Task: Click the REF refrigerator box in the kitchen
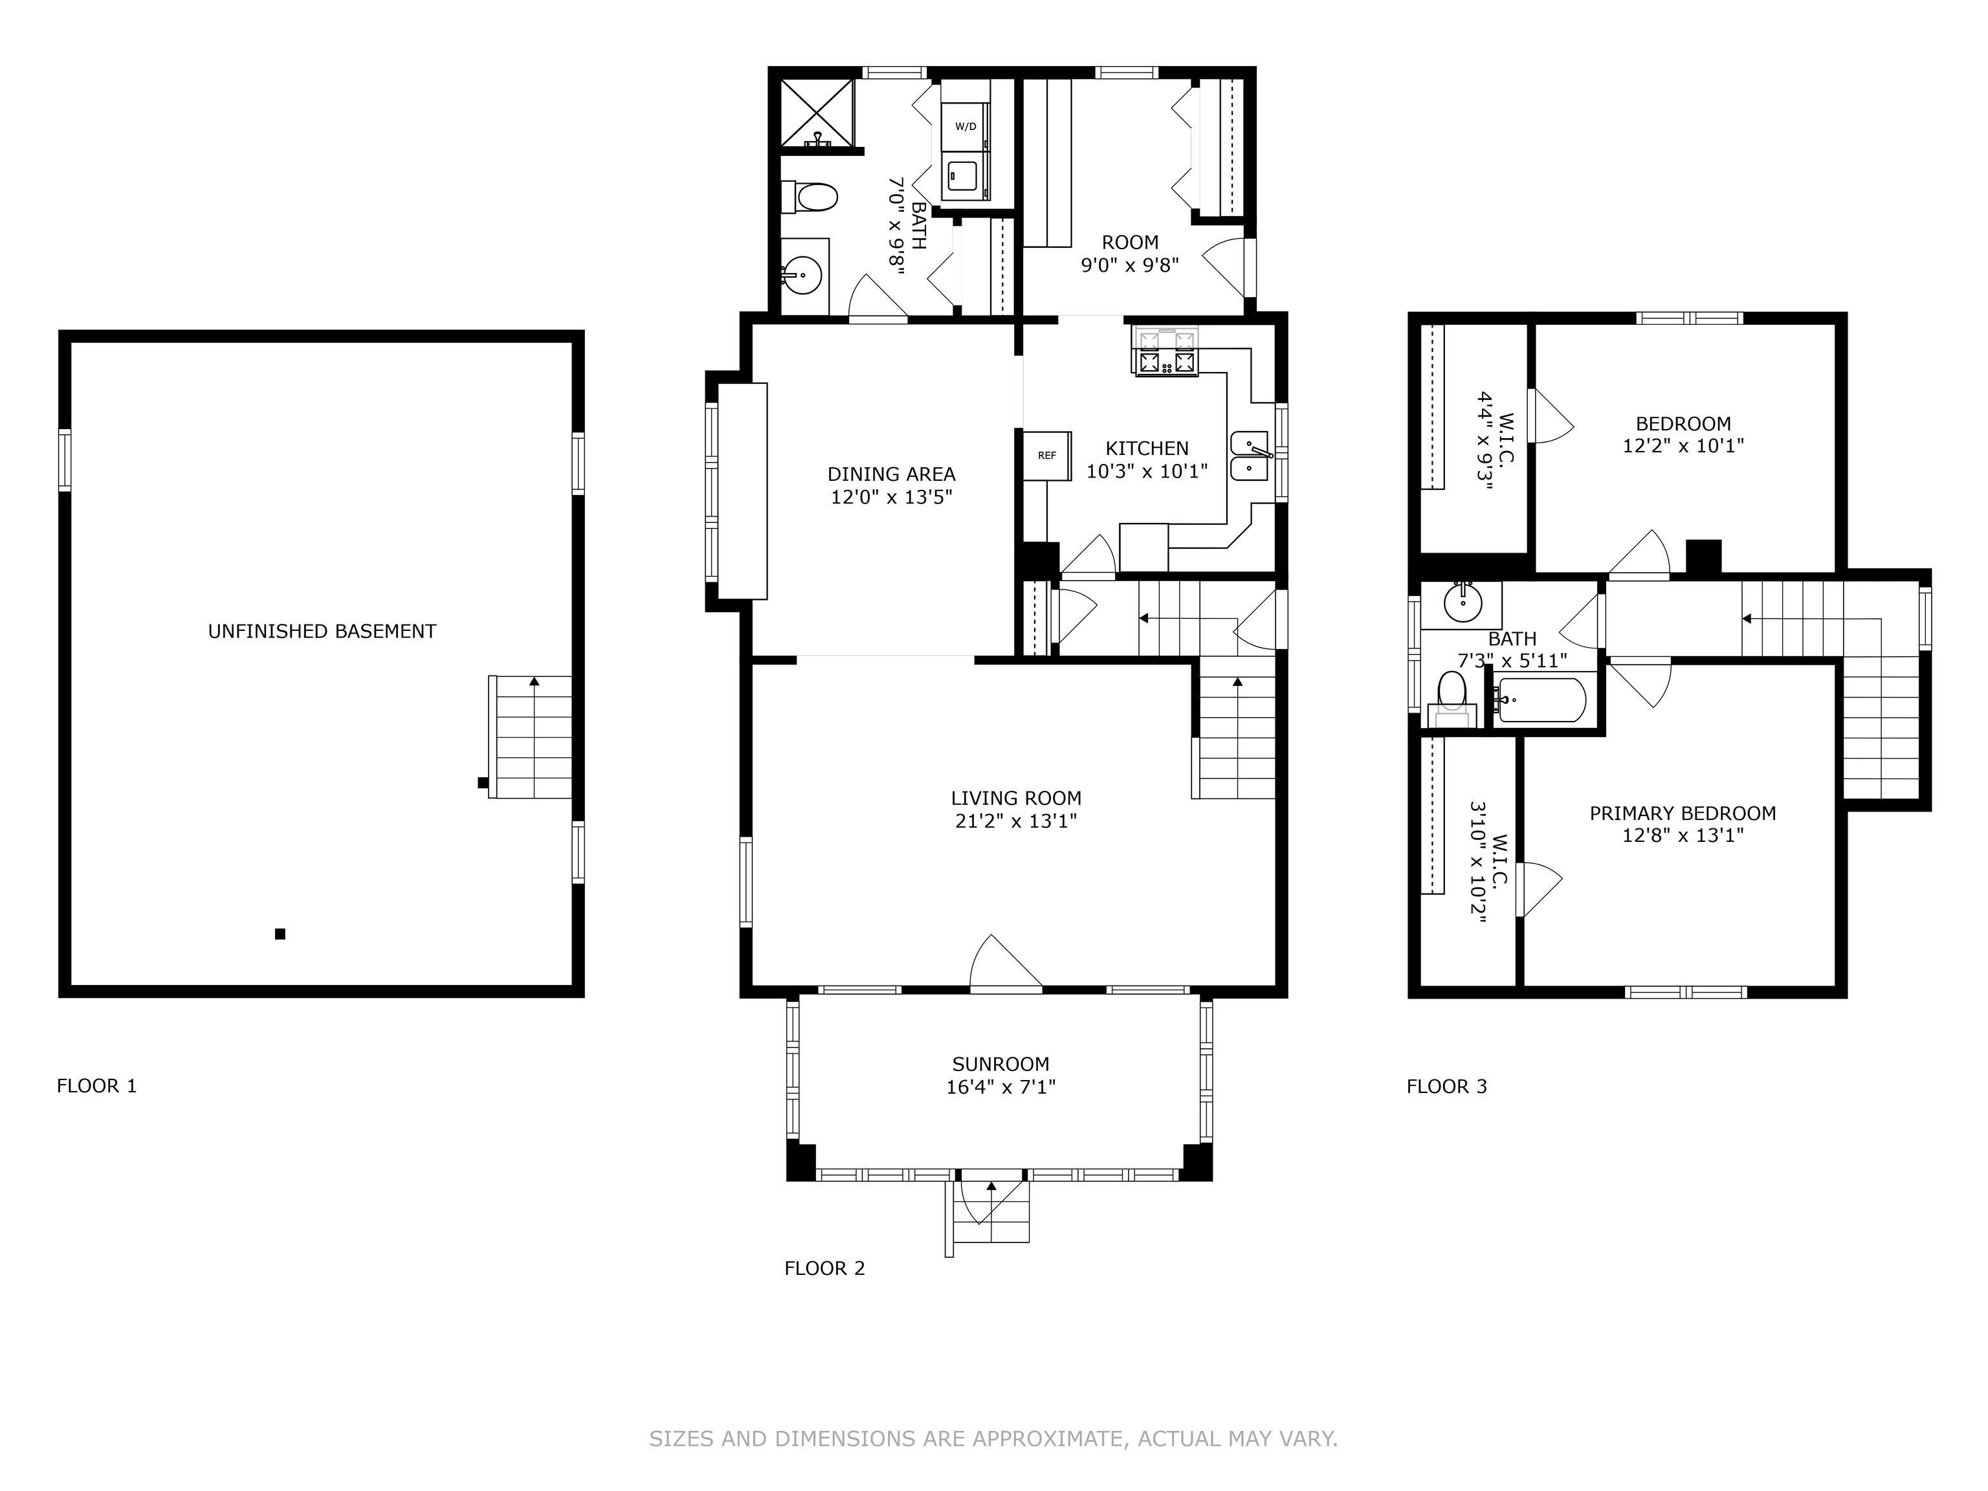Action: click(x=1047, y=456)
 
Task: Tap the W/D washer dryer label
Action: click(x=966, y=127)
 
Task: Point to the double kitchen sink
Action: click(x=1249, y=457)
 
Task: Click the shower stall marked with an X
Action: click(x=817, y=113)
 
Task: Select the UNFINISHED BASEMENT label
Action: click(x=322, y=632)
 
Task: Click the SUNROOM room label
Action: click(x=1000, y=1064)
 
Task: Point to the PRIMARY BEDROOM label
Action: click(x=1683, y=813)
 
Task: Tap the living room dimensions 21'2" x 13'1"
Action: click(x=1015, y=821)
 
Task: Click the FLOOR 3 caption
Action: click(x=1447, y=1087)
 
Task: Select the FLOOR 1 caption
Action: click(x=97, y=1086)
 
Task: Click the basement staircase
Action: click(x=530, y=737)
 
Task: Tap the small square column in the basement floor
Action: click(x=280, y=934)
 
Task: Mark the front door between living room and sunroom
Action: click(x=1006, y=964)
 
